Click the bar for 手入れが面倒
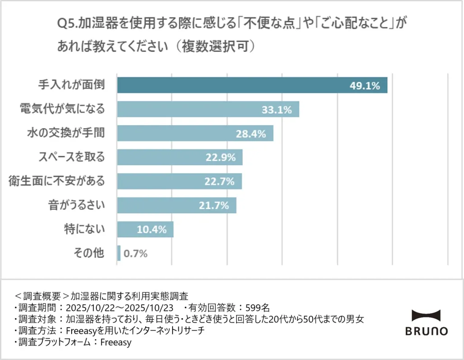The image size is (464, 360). pyautogui.click(x=252, y=85)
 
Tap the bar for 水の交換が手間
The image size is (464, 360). pyautogui.click(x=195, y=133)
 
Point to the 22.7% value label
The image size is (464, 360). pyautogui.click(x=219, y=181)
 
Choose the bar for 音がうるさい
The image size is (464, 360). pyautogui.click(x=177, y=205)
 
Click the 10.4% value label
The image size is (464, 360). pyautogui.click(x=152, y=229)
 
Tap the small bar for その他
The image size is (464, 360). pyautogui.click(x=119, y=253)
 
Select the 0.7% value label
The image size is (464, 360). pyautogui.click(x=136, y=253)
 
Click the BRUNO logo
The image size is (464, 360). pyautogui.click(x=426, y=323)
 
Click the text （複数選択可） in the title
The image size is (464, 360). pyautogui.click(x=216, y=46)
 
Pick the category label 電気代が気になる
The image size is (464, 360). pyautogui.click(x=62, y=109)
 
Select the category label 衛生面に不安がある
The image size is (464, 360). pyautogui.click(x=57, y=181)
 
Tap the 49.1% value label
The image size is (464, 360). pyautogui.click(x=365, y=85)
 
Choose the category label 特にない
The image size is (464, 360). pyautogui.click(x=84, y=229)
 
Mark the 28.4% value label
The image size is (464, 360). pyautogui.click(x=251, y=134)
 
